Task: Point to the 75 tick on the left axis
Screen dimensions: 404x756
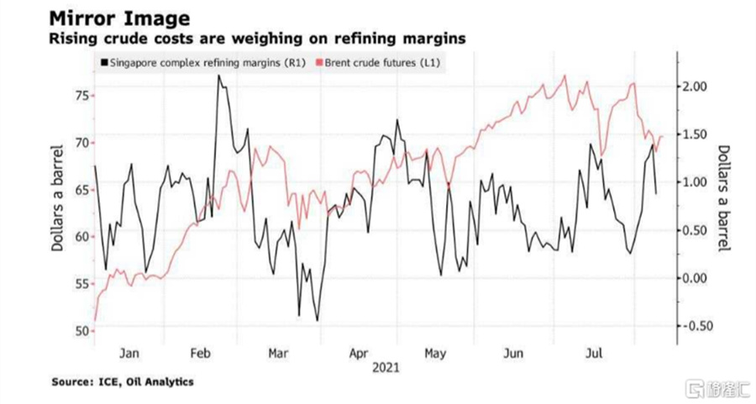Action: [x=81, y=96]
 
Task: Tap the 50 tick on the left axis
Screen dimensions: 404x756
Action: [x=81, y=331]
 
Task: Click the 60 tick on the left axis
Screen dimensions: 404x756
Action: [x=81, y=237]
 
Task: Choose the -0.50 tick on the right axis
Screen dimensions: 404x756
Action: [x=700, y=326]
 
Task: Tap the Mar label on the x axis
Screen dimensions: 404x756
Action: [x=279, y=353]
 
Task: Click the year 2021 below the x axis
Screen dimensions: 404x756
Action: [x=386, y=368]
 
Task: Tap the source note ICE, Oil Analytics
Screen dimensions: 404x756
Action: [x=123, y=382]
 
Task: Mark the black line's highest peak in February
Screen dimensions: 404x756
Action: [x=218, y=75]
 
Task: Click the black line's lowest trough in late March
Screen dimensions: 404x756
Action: [x=317, y=320]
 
